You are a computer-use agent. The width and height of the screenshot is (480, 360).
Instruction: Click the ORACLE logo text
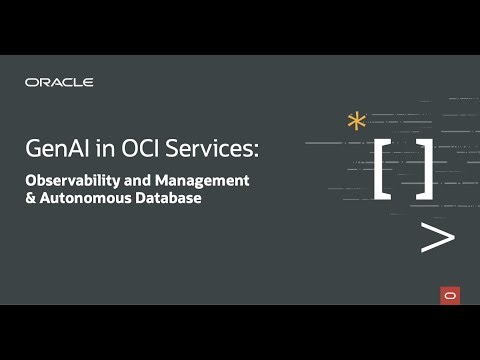59,82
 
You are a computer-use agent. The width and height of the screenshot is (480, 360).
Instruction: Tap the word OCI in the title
133,150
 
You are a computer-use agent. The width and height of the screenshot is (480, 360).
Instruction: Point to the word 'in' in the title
99,150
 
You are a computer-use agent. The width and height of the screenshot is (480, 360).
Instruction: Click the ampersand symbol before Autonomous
30,199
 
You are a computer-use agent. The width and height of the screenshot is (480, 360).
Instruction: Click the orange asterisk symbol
356,123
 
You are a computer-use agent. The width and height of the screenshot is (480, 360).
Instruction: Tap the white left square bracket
383,167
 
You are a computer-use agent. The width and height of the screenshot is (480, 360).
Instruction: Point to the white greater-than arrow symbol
437,237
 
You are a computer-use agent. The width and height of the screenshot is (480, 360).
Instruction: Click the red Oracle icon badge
449,295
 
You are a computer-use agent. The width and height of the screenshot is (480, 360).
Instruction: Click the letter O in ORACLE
30,82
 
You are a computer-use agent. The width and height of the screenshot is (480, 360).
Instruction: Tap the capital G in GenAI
33,150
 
